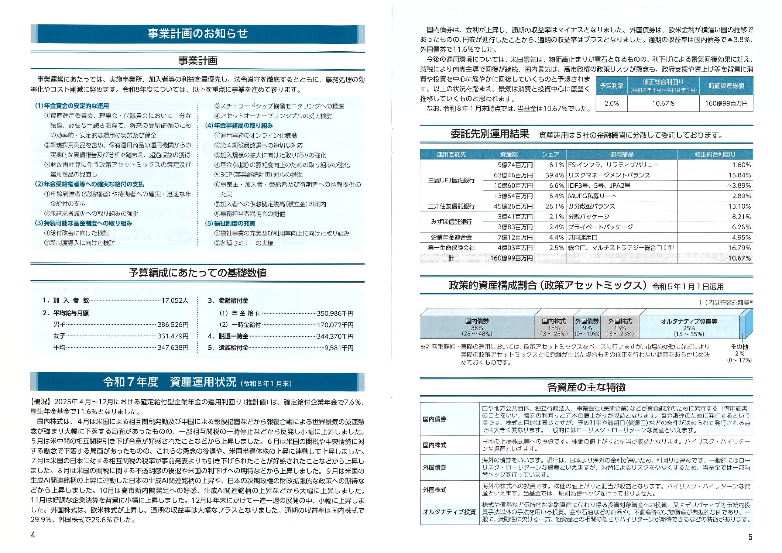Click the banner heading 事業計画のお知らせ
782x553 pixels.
click(x=198, y=34)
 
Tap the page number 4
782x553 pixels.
click(x=33, y=535)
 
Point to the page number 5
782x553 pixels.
click(x=750, y=537)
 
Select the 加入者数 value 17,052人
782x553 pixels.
click(x=175, y=300)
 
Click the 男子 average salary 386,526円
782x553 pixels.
click(x=173, y=325)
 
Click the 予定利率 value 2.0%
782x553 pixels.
click(x=611, y=103)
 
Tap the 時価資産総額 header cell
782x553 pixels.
click(x=726, y=86)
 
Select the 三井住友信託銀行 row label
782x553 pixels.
click(x=451, y=206)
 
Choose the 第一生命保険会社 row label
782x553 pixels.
click(x=451, y=248)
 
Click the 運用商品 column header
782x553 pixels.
click(x=621, y=154)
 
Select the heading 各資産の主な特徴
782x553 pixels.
click(x=586, y=387)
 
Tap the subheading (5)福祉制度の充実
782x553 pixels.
click(x=230, y=223)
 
